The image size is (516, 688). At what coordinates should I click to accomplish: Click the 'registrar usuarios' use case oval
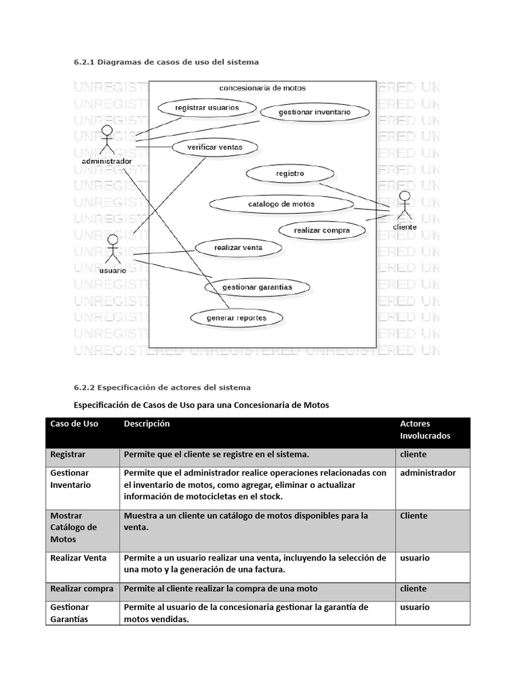[x=198, y=107]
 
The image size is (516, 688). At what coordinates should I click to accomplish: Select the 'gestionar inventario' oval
[x=314, y=112]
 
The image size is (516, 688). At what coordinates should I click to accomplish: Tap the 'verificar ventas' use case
[x=207, y=148]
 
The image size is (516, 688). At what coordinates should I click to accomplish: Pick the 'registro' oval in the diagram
[x=290, y=173]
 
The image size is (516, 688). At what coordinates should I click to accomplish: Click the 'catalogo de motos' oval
[x=281, y=204]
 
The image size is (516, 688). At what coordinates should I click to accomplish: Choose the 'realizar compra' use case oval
[x=322, y=230]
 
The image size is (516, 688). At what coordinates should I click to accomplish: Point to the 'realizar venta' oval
[x=238, y=248]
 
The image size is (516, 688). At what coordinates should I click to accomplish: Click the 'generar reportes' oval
[x=236, y=318]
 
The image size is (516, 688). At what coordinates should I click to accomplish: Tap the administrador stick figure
[x=107, y=140]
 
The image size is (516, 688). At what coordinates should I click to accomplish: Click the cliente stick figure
[x=404, y=206]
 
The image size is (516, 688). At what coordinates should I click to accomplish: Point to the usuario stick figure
[x=113, y=249]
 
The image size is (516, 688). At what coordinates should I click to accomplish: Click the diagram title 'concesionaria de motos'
[x=262, y=88]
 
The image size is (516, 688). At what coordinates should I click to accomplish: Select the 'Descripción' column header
[x=146, y=424]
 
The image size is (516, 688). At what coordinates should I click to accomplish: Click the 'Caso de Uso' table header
[x=74, y=424]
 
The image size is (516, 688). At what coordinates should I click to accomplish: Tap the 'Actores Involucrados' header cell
[x=425, y=430]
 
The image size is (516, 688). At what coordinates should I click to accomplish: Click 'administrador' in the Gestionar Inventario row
[x=428, y=473]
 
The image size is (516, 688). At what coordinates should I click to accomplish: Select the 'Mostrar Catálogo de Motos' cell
[x=74, y=527]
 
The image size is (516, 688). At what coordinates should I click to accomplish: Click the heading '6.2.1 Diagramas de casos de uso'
[x=166, y=62]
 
